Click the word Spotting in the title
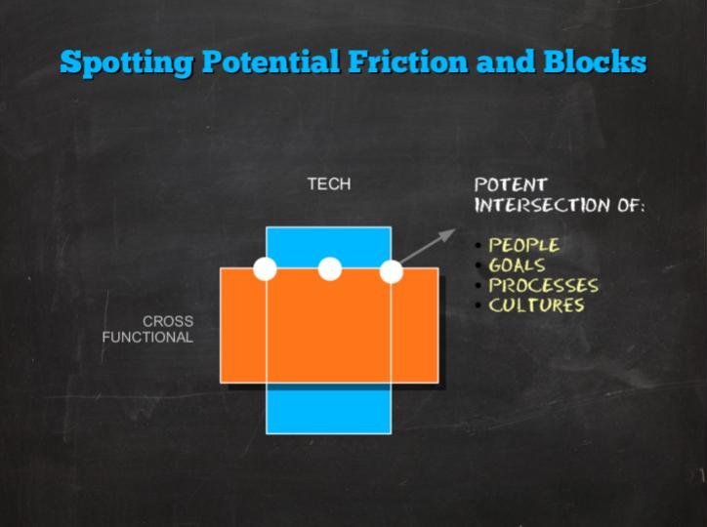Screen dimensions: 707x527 click(x=127, y=62)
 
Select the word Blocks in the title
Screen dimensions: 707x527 click(x=595, y=61)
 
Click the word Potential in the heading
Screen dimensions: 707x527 click(x=271, y=61)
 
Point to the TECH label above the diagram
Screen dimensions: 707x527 click(x=329, y=183)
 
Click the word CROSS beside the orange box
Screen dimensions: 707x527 click(x=168, y=321)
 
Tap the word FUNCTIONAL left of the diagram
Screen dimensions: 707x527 click(x=147, y=337)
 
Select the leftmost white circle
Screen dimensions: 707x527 click(x=266, y=269)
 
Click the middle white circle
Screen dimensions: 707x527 click(x=330, y=269)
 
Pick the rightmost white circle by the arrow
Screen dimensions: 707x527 click(x=392, y=272)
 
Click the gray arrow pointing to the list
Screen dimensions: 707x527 click(x=428, y=246)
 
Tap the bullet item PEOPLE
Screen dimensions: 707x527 click(x=524, y=245)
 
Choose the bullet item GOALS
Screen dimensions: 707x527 click(x=518, y=265)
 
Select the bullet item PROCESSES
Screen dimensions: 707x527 click(x=544, y=286)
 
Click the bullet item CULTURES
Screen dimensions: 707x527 click(x=536, y=305)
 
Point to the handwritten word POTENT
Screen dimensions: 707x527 click(x=511, y=184)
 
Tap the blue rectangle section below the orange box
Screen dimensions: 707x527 click(x=329, y=409)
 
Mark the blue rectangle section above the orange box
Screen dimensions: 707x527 click(x=329, y=247)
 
